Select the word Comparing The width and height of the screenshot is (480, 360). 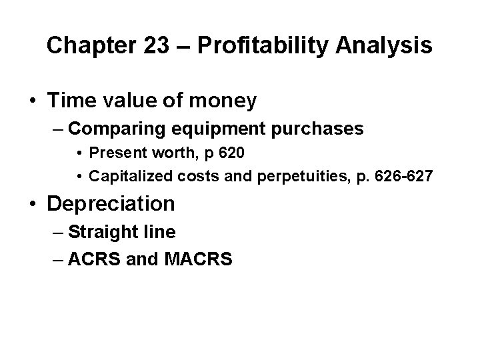123,129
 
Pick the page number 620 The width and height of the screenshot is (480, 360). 233,153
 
